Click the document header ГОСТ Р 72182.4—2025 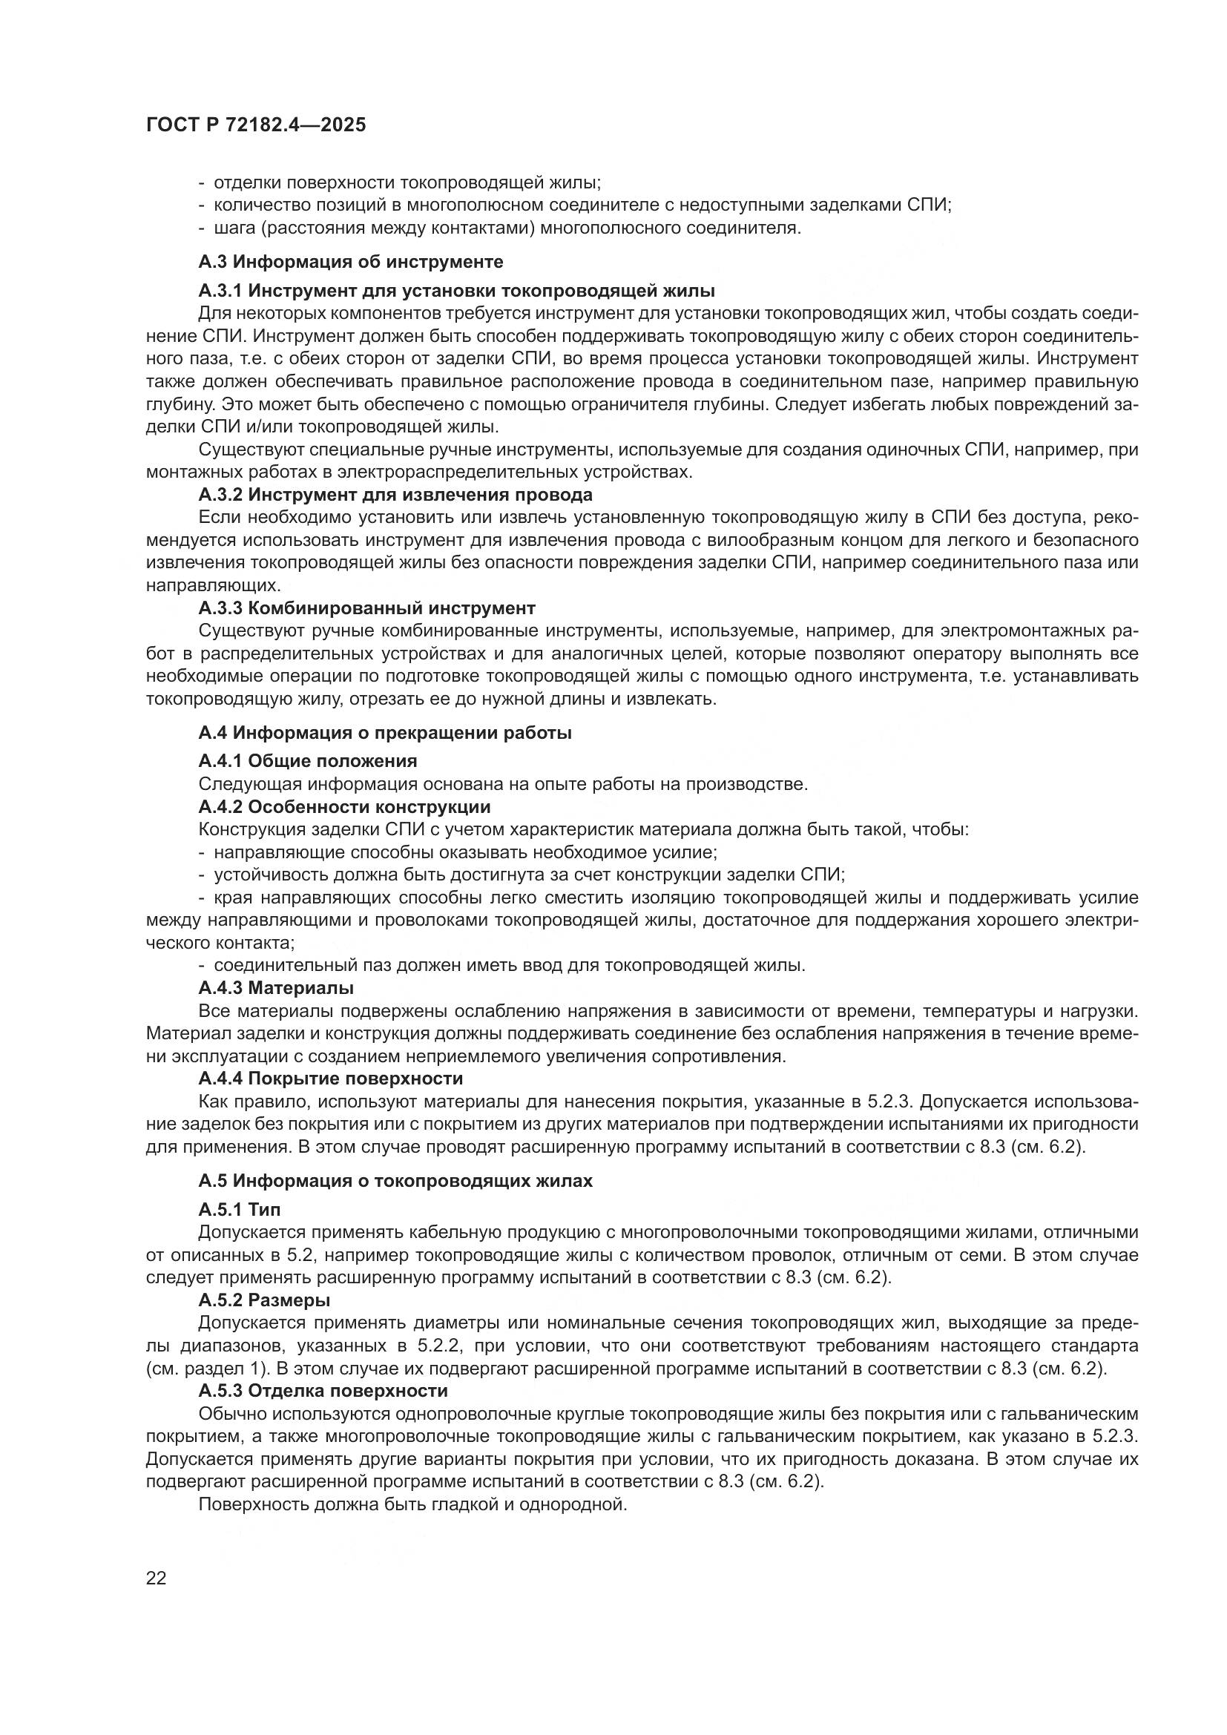click(255, 125)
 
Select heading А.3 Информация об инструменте click(351, 262)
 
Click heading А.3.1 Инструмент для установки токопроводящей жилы click(456, 291)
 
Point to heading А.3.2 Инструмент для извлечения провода click(395, 495)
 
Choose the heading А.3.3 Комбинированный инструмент click(366, 608)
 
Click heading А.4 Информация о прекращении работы click(384, 733)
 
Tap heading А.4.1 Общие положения click(308, 761)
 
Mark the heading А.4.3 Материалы click(276, 988)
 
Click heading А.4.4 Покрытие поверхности click(330, 1079)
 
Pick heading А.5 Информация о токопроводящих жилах click(395, 1181)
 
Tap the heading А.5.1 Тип click(240, 1210)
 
